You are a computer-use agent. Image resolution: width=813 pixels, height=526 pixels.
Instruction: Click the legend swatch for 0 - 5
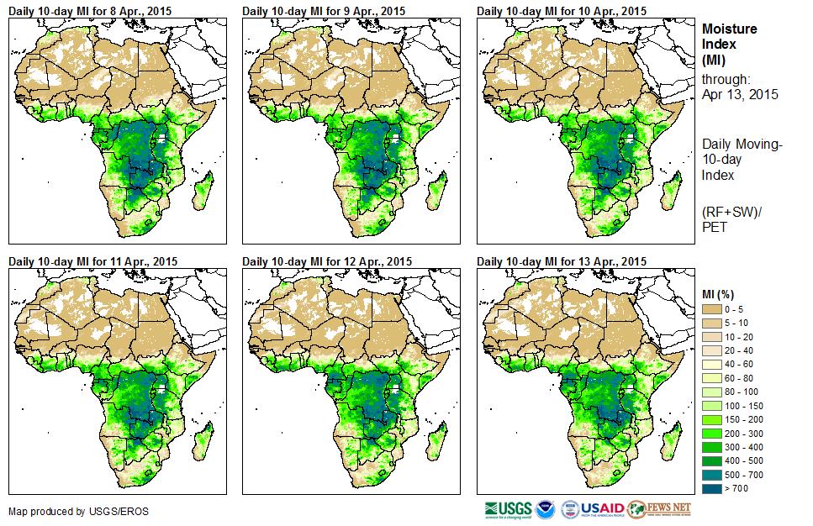(713, 310)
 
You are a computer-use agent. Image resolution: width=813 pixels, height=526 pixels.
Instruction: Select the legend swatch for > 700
(713, 488)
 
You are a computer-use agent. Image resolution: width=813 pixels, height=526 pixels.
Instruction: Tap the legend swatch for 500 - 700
(713, 475)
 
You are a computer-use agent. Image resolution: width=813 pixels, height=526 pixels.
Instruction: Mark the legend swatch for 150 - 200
(713, 419)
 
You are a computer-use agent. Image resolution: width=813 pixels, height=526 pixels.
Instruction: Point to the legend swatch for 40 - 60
(713, 365)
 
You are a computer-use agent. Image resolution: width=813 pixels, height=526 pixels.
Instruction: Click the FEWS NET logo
(659, 509)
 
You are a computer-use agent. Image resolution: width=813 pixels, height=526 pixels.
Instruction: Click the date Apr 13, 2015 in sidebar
(740, 94)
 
